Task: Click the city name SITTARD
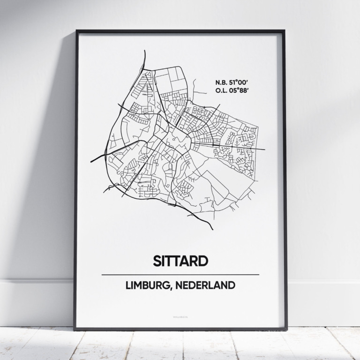tap(180, 261)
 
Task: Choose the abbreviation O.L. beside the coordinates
tap(222, 89)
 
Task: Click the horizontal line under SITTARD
tap(180, 274)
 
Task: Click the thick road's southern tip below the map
tap(212, 229)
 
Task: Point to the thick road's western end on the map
tap(91, 162)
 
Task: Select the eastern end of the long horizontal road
tap(264, 150)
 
